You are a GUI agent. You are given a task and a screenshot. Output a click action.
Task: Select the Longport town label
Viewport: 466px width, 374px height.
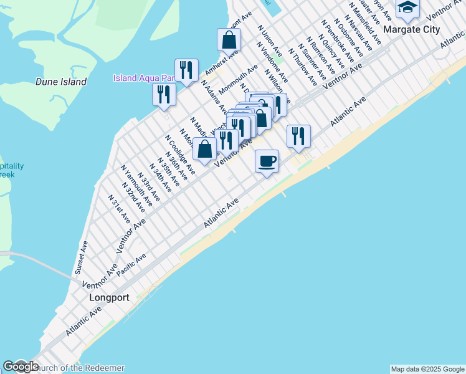[109, 297]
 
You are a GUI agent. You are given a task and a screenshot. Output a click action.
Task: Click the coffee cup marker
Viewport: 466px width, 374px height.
[267, 161]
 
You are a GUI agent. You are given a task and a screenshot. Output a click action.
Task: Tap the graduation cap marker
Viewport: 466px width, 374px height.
[407, 7]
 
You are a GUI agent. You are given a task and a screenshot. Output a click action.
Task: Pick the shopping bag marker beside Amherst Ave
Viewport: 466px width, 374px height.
[229, 40]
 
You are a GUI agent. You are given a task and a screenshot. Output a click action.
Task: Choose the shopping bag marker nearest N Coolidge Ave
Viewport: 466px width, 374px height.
[204, 148]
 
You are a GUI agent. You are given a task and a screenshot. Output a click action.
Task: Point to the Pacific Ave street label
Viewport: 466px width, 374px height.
[131, 265]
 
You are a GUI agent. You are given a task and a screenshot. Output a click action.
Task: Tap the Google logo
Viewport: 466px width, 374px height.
[21, 367]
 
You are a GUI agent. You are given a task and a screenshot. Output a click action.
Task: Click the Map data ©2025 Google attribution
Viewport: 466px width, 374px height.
[427, 369]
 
